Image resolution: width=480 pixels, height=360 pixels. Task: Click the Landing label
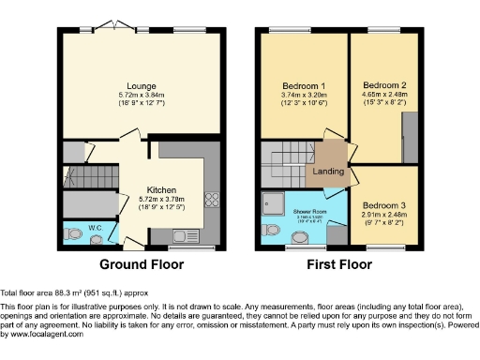click(x=327, y=172)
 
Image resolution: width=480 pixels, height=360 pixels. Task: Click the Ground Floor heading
click(x=141, y=264)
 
